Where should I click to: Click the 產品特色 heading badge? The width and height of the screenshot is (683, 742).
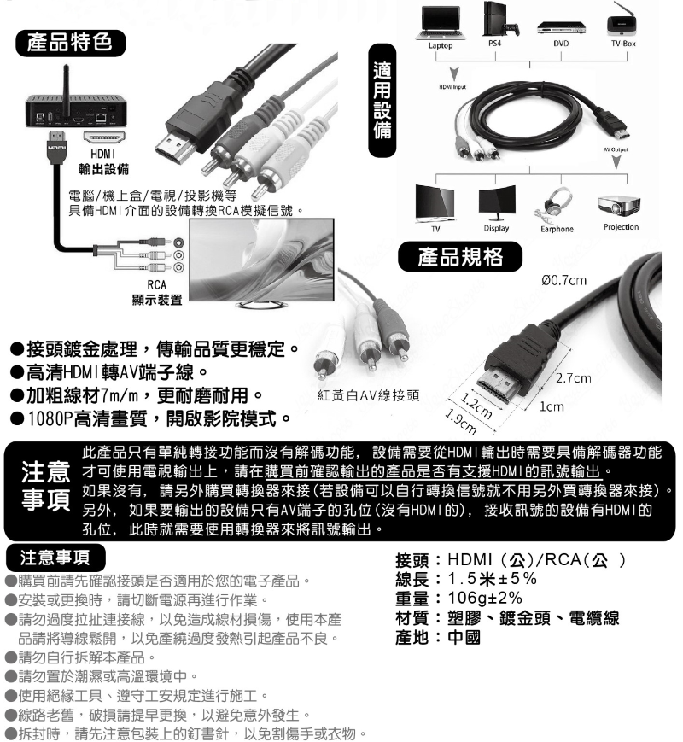pyautogui.click(x=71, y=43)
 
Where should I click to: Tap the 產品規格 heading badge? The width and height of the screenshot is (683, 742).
pyautogui.click(x=460, y=256)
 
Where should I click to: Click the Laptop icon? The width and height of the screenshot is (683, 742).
pyautogui.click(x=441, y=23)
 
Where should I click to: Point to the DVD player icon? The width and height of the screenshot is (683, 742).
pyautogui.click(x=561, y=27)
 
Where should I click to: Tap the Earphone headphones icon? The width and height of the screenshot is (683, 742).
pyautogui.click(x=554, y=204)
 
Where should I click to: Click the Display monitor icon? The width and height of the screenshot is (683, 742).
pyautogui.click(x=497, y=202)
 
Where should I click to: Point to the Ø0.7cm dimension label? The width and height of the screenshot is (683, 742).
pyautogui.click(x=563, y=280)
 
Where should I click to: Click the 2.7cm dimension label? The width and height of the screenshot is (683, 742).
pyautogui.click(x=573, y=377)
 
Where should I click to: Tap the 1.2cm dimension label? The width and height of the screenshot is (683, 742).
pyautogui.click(x=476, y=406)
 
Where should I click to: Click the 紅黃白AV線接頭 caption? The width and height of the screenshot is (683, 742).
pyautogui.click(x=369, y=395)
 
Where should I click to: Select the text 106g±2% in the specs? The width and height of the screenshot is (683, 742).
pyautogui.click(x=485, y=599)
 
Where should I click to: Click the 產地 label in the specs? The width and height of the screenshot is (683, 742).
pyautogui.click(x=412, y=638)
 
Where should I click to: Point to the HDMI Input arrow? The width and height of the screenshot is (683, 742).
pyautogui.click(x=454, y=75)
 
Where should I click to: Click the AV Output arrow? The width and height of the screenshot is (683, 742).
pyautogui.click(x=616, y=161)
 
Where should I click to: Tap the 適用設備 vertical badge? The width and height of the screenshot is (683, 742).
pyautogui.click(x=382, y=100)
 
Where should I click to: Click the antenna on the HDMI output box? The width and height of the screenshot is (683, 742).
pyautogui.click(x=67, y=80)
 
